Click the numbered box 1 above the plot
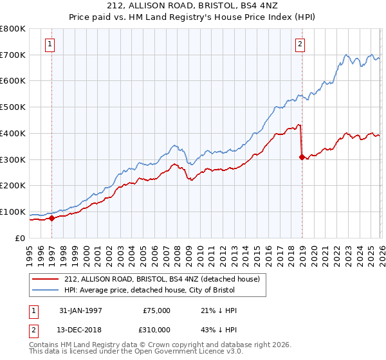[50, 44]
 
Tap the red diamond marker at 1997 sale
[53, 218]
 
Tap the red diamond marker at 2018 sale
[302, 156]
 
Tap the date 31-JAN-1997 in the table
[80, 310]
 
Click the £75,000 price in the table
[156, 310]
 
